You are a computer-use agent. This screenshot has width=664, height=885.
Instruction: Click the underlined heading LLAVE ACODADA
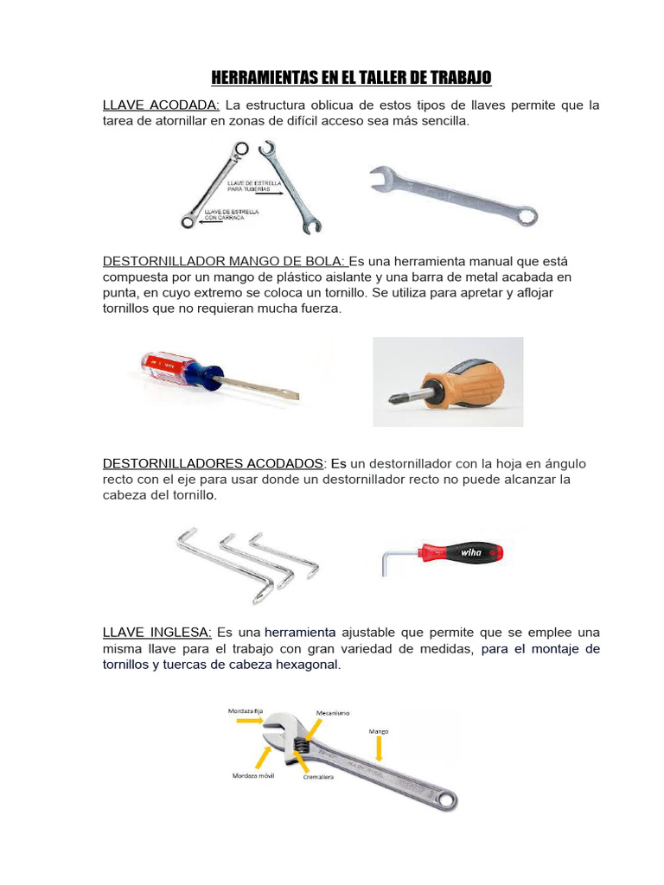162,105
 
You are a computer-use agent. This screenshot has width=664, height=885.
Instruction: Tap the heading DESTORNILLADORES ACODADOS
214,463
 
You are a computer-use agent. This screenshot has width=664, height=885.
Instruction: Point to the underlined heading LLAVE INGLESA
156,633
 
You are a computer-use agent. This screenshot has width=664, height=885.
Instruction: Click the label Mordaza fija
246,710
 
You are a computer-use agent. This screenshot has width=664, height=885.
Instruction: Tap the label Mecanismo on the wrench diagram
332,713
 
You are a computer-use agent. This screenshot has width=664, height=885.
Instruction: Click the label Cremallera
318,776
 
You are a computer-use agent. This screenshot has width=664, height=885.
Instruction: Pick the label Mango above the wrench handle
379,731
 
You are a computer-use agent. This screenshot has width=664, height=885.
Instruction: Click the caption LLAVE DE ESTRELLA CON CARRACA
225,215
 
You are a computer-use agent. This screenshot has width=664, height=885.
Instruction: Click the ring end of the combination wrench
523,216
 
